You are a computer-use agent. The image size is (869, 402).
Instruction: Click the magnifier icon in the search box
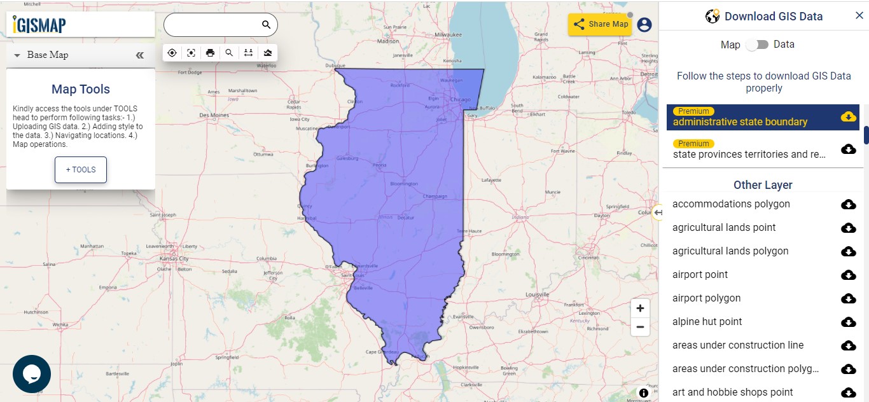point(267,25)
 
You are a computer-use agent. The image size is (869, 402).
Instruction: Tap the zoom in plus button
point(640,308)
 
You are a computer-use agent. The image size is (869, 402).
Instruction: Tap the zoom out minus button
point(640,328)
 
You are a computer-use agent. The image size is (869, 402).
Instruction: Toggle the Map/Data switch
point(757,45)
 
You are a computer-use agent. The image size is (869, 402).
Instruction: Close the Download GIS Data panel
point(859,16)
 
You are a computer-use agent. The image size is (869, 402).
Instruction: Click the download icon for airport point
point(848,275)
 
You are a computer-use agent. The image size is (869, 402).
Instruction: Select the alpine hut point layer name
point(707,322)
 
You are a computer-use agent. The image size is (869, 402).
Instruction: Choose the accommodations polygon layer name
point(731,204)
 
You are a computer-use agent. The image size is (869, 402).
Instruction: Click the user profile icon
point(644,25)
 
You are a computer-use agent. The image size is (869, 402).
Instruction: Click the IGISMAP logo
point(39,25)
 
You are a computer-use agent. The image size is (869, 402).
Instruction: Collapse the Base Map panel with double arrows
point(140,55)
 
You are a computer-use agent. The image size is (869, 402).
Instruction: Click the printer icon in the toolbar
point(210,53)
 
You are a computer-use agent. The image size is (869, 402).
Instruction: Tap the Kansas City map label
point(174,259)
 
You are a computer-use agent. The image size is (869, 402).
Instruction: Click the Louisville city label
point(537,295)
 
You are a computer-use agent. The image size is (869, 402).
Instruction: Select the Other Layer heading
point(763,185)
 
